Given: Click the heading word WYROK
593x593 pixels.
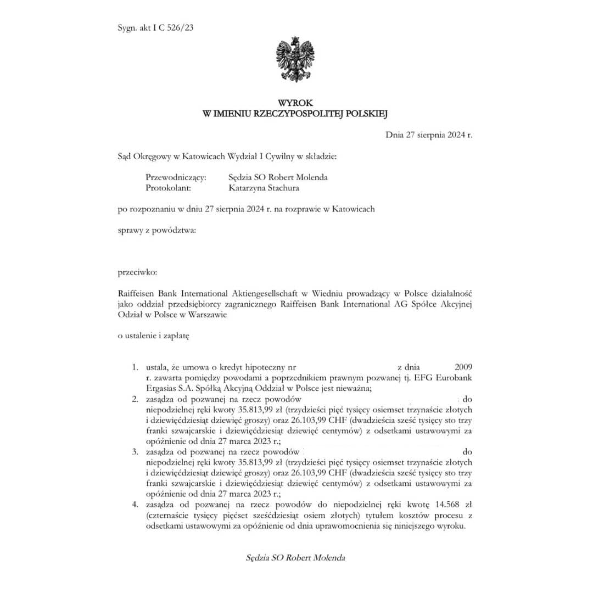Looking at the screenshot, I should pos(296,103).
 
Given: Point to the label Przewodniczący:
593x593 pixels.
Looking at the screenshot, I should pos(176,177).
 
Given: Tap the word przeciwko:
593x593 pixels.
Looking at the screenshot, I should pos(138,272).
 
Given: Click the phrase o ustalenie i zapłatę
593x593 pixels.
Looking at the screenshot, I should pos(154,336).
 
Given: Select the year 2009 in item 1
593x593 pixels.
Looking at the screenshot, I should pos(463,367).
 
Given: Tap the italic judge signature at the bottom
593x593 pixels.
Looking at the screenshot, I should pos(296,558).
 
